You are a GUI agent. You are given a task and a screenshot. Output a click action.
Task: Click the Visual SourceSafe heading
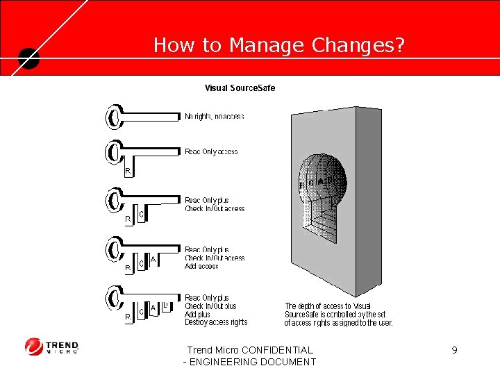(x=240, y=88)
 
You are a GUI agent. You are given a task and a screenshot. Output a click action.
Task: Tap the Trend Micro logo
(x=52, y=346)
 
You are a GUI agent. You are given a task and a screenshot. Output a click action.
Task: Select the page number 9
(x=454, y=350)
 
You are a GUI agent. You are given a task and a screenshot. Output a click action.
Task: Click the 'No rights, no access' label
(x=215, y=117)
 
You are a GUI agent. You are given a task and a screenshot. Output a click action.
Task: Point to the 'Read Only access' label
(x=211, y=151)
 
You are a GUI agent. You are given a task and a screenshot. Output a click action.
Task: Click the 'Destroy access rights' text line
(x=216, y=322)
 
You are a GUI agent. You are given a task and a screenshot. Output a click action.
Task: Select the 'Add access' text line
(x=201, y=266)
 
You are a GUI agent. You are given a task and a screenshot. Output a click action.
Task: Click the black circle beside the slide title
(x=29, y=58)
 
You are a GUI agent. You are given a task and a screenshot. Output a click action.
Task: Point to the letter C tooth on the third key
(x=141, y=215)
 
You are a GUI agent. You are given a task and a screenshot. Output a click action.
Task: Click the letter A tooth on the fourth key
(x=153, y=259)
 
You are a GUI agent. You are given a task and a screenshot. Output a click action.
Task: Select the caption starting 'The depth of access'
(x=338, y=314)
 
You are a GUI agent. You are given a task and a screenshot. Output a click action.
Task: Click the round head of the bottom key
(x=113, y=298)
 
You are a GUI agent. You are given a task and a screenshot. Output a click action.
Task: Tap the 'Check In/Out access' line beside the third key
(x=215, y=208)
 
